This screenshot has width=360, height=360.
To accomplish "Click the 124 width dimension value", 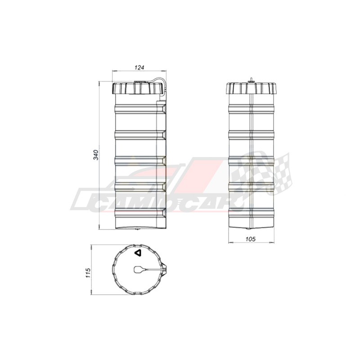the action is click(x=139, y=67).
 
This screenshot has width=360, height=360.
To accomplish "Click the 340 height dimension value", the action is click(x=95, y=155).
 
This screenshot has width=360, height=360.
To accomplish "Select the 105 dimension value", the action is click(x=251, y=239).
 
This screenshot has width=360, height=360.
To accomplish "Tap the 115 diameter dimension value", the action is click(x=88, y=273).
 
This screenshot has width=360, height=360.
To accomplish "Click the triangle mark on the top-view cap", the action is click(x=138, y=253).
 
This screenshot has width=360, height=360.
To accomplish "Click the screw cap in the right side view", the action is click(x=252, y=88).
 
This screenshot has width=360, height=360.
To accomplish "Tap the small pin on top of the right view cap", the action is click(x=252, y=80).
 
